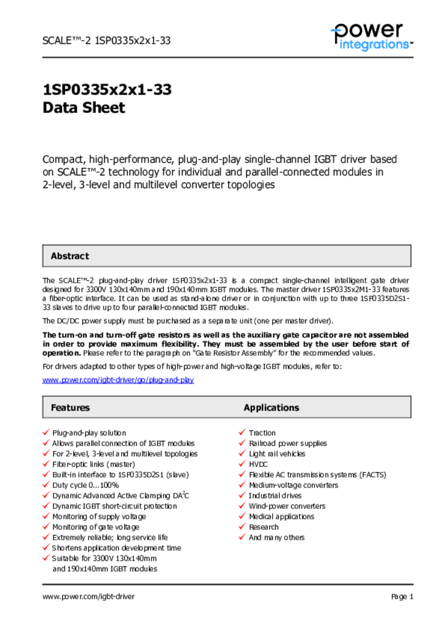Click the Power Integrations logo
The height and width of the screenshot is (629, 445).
[371, 36]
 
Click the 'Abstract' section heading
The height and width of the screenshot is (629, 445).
[69, 256]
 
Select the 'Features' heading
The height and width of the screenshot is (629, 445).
[70, 407]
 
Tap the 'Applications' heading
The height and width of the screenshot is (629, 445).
[271, 407]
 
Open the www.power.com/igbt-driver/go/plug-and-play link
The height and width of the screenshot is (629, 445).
[118, 380]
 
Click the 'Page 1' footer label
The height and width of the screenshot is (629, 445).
[402, 596]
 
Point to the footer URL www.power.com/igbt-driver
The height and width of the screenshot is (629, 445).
[89, 596]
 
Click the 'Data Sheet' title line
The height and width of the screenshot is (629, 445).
[84, 108]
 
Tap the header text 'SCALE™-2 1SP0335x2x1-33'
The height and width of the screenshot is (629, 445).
[106, 41]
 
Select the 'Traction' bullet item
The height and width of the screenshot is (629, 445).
[262, 433]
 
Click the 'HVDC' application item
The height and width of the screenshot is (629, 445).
[258, 464]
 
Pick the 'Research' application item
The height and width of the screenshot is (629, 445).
[263, 527]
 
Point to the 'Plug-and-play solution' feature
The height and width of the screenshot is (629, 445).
[89, 433]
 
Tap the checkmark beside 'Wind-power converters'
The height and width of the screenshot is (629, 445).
[242, 506]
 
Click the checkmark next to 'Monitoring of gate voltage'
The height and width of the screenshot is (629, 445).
[45, 527]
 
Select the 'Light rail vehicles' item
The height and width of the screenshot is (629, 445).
[277, 454]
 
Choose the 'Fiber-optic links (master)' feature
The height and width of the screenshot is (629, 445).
[93, 464]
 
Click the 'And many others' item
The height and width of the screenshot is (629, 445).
[276, 537]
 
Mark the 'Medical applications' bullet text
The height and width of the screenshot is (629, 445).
[281, 517]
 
